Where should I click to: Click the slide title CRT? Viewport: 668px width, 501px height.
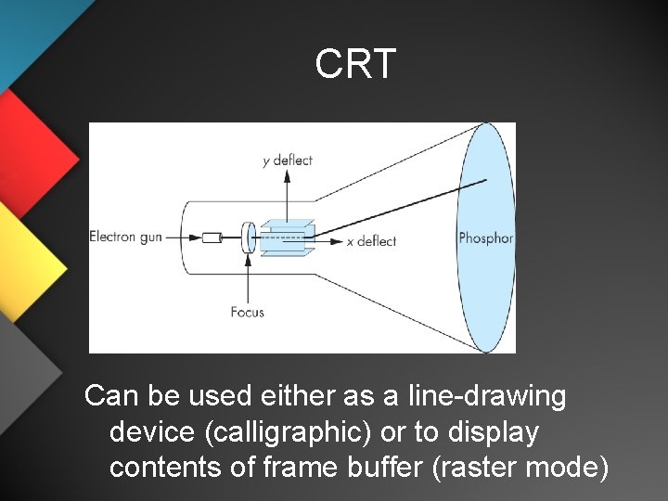tap(355, 64)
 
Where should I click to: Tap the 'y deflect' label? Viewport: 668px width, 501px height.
tap(288, 160)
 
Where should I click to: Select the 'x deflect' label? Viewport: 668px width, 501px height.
tap(371, 241)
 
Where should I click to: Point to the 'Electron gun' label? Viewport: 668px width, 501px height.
tap(125, 237)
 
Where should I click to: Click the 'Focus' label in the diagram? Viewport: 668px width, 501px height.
tap(248, 312)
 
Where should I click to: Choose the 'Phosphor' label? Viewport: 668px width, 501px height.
tap(485, 238)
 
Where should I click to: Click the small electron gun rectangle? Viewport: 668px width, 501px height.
tap(212, 238)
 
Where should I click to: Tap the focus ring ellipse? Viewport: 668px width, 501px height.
tap(248, 238)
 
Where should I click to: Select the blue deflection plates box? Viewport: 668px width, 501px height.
tap(288, 237)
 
